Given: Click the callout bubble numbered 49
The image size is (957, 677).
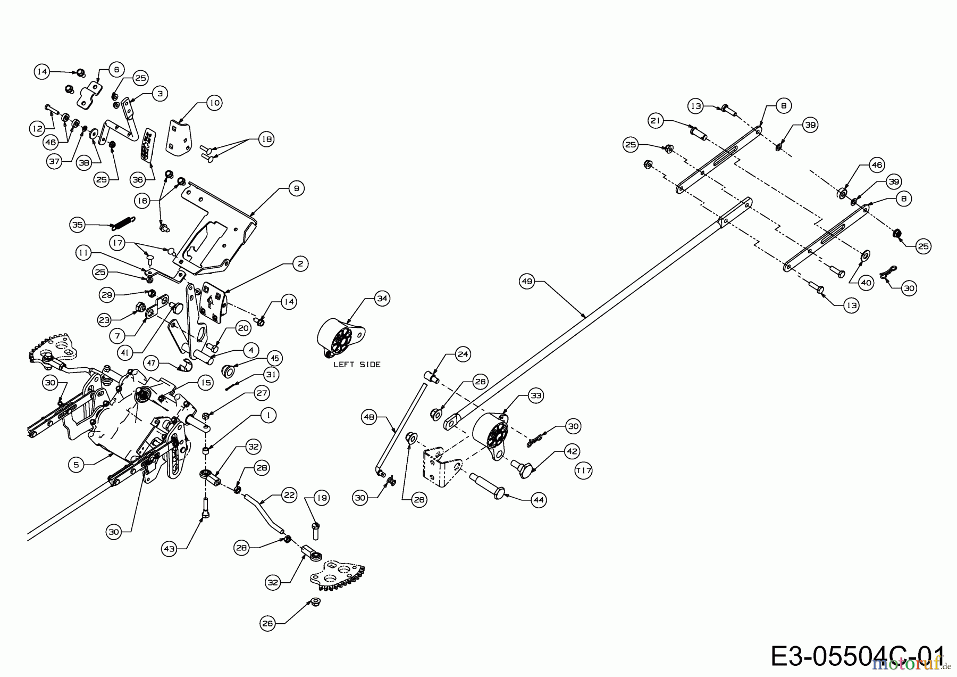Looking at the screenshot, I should (527, 282).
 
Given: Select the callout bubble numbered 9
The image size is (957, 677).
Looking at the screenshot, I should (296, 188).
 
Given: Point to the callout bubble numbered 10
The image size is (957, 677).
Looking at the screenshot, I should (214, 102).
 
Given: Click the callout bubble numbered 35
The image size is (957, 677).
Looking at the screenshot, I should (78, 225).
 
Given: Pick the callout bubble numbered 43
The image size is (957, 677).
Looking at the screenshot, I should (170, 549).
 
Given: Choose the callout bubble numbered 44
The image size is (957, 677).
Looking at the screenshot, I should (539, 500).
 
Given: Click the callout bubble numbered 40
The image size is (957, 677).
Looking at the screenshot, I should (866, 283).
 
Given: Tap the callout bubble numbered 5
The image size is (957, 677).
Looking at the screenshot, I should (76, 465).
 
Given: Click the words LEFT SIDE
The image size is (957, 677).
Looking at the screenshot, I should (357, 365).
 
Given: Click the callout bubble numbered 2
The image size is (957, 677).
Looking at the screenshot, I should (300, 263).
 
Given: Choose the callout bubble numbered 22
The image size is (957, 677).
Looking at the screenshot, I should (289, 495).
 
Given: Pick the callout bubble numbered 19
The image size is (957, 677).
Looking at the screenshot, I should (322, 498).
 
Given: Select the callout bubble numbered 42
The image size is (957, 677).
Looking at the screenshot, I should (572, 451).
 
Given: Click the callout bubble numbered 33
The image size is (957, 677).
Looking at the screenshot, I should (536, 395).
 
